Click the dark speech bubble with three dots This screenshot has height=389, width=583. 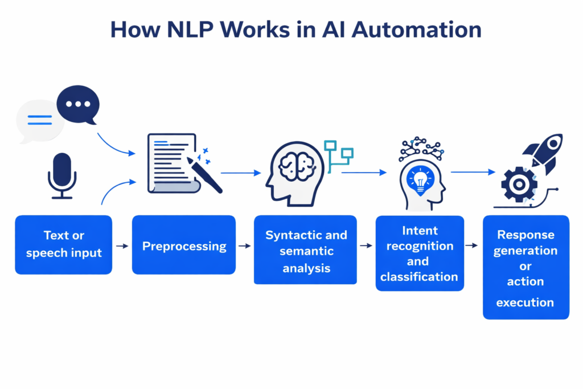click(x=78, y=104)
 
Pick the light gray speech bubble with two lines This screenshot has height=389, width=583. click(x=40, y=121)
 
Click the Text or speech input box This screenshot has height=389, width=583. click(x=63, y=244)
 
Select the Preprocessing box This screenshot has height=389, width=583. click(x=184, y=247)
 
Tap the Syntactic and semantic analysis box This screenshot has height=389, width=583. click(x=306, y=250)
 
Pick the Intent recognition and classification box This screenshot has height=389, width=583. click(x=419, y=254)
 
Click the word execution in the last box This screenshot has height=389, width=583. click(x=525, y=302)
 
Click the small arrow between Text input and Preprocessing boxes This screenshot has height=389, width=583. click(x=122, y=246)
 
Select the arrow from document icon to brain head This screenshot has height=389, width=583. click(x=241, y=172)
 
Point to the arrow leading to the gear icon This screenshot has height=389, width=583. click(x=473, y=171)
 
